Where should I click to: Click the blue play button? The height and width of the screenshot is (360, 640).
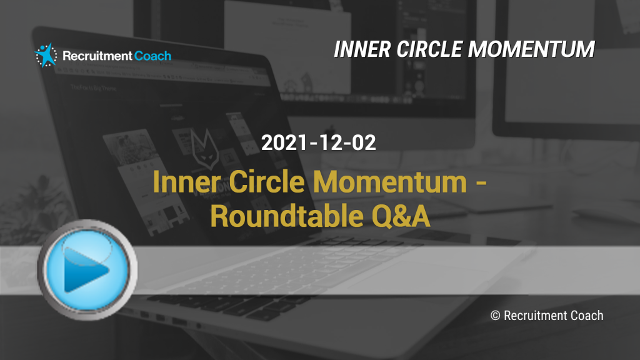tap(87, 269)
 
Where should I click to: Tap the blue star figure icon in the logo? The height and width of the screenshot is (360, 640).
tap(46, 55)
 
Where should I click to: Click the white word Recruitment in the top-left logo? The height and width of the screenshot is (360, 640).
tap(97, 56)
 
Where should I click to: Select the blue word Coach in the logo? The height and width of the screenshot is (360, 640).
tap(152, 56)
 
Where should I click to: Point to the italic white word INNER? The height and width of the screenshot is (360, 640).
tap(362, 49)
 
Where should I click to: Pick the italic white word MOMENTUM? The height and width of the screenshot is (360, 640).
tap(531, 49)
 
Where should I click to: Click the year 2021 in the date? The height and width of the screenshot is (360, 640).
tap(284, 142)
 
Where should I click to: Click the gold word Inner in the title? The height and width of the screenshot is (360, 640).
tap(187, 182)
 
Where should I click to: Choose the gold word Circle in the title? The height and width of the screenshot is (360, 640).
tap(267, 182)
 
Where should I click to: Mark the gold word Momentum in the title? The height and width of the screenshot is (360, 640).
tap(390, 182)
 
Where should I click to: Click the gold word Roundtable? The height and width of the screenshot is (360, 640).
tap(286, 216)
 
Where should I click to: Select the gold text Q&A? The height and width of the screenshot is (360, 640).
tap(401, 216)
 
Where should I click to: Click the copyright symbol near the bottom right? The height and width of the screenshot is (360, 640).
tap(495, 316)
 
